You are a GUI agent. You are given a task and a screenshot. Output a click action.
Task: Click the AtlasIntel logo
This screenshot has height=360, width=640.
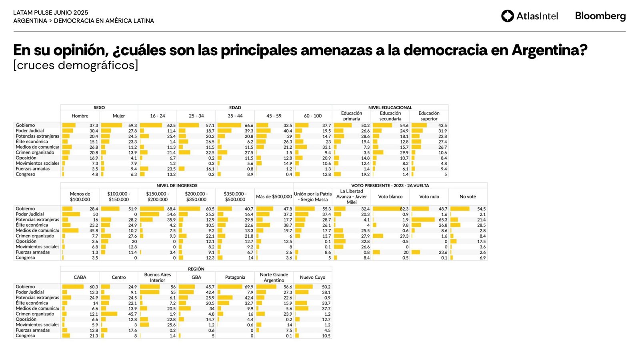click(529, 16)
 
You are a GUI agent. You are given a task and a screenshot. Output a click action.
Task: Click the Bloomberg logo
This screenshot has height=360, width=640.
click(600, 16)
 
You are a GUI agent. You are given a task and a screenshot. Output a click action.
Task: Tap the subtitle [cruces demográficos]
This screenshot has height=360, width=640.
click(76, 65)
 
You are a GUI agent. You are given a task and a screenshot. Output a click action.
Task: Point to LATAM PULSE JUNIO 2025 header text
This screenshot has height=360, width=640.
click(51, 13)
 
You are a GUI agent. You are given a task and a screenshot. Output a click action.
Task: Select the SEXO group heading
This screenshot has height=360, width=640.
click(99, 108)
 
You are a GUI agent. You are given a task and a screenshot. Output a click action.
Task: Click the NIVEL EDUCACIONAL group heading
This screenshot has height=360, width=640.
click(390, 108)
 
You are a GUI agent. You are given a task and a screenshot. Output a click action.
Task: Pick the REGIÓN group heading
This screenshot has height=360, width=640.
click(196, 269)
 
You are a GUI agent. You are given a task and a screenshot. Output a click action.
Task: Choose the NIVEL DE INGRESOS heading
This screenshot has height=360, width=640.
click(177, 186)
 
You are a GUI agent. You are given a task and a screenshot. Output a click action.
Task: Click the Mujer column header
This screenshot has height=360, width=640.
click(119, 116)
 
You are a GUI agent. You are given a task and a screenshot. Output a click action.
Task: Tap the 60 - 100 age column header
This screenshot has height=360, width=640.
click(313, 116)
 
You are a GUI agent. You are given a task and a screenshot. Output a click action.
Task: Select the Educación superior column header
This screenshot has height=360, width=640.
click(429, 116)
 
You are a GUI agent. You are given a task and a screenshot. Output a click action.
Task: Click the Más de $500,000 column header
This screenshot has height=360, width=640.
click(274, 197)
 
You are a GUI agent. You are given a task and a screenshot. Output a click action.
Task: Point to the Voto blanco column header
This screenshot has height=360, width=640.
click(390, 197)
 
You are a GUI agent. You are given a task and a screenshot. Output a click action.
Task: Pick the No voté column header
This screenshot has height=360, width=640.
click(468, 197)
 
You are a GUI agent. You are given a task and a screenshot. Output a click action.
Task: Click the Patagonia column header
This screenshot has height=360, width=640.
click(235, 278)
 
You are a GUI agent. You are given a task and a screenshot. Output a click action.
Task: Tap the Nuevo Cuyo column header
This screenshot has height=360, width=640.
click(313, 278)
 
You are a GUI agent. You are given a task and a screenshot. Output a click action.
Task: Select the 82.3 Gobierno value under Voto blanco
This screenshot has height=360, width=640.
click(404, 209)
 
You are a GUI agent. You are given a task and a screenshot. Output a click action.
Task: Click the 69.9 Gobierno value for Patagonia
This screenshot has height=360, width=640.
click(249, 287)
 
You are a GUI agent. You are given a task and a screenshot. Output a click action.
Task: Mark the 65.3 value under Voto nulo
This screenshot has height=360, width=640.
click(443, 220)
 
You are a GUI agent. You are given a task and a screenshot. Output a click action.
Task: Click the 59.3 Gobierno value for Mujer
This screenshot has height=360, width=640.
click(132, 125)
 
